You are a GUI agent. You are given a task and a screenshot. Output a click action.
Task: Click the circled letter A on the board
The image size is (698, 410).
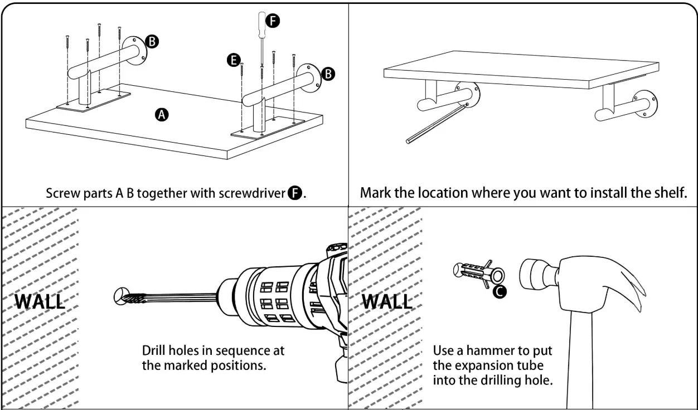pyautogui.click(x=162, y=115)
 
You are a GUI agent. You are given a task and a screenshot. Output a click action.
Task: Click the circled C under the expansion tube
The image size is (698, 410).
pyautogui.click(x=501, y=291)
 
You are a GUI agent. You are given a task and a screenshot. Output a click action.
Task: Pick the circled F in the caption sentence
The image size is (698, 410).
pyautogui.click(x=294, y=193)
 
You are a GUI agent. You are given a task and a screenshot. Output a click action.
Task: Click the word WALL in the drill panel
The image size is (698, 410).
pyautogui.click(x=39, y=301)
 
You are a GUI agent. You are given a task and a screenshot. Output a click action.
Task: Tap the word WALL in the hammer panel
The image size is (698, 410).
pyautogui.click(x=387, y=301)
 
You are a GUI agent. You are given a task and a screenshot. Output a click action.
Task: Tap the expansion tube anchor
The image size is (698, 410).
pyautogui.click(x=477, y=272)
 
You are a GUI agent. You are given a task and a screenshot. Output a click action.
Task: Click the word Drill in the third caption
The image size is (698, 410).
pyautogui.click(x=153, y=351)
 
